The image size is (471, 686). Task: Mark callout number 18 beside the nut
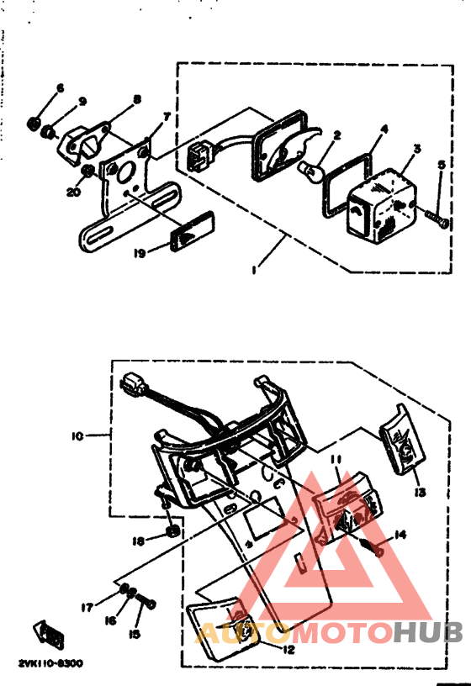[137, 539]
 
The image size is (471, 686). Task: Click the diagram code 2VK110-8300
[50, 663]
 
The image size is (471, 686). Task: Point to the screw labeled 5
[437, 216]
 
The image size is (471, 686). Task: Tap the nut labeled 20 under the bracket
[87, 173]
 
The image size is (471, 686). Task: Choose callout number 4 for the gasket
[384, 129]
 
